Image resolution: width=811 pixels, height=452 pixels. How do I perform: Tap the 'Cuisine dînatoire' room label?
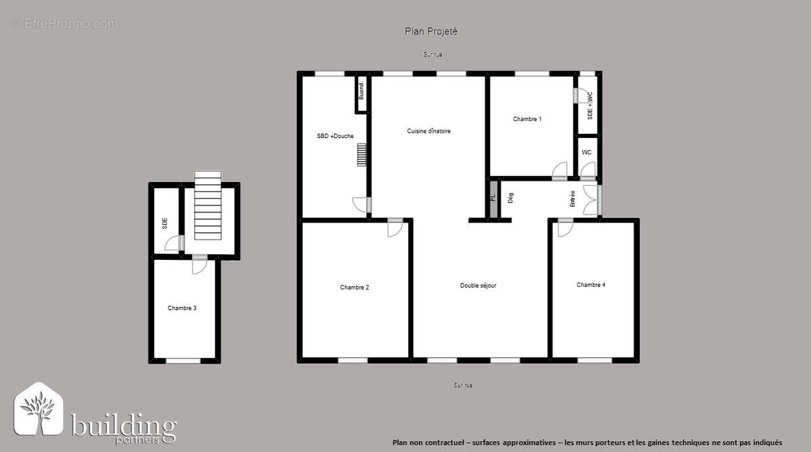(428, 131)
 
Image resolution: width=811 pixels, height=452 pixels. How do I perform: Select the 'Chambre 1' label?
(527, 119)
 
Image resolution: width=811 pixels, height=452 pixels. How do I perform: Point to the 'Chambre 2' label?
(354, 288)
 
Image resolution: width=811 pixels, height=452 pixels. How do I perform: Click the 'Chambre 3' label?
(182, 309)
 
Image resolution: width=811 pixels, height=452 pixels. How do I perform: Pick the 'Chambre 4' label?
(591, 285)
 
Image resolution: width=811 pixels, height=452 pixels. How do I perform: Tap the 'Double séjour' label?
(478, 286)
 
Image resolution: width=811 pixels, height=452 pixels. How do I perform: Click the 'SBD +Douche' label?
(335, 136)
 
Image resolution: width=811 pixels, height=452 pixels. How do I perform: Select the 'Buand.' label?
(362, 91)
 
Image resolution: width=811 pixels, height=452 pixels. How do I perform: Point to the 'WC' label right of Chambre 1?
(587, 152)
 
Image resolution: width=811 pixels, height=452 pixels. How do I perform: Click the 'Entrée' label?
(572, 198)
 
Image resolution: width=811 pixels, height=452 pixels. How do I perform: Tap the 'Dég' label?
(511, 198)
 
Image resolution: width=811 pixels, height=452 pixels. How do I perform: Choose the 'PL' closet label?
(493, 198)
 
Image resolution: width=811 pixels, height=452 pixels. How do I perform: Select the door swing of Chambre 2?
(394, 229)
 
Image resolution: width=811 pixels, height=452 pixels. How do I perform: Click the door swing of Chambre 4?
(564, 229)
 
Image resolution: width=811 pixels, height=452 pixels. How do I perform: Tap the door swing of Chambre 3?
(199, 266)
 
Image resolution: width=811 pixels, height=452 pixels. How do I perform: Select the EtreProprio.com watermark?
(64, 24)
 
